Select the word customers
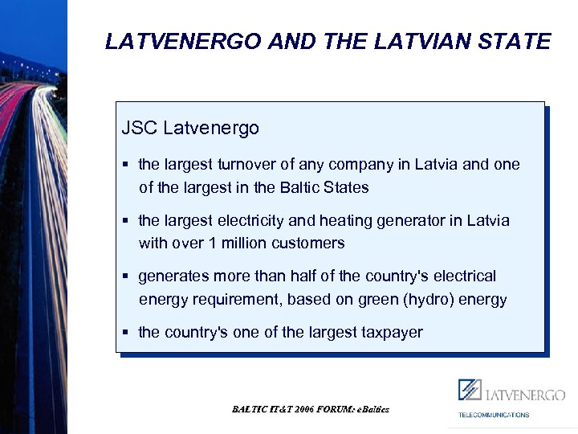(307, 243)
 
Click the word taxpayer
(390, 332)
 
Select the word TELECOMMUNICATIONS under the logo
(494, 415)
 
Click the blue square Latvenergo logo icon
(470, 390)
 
